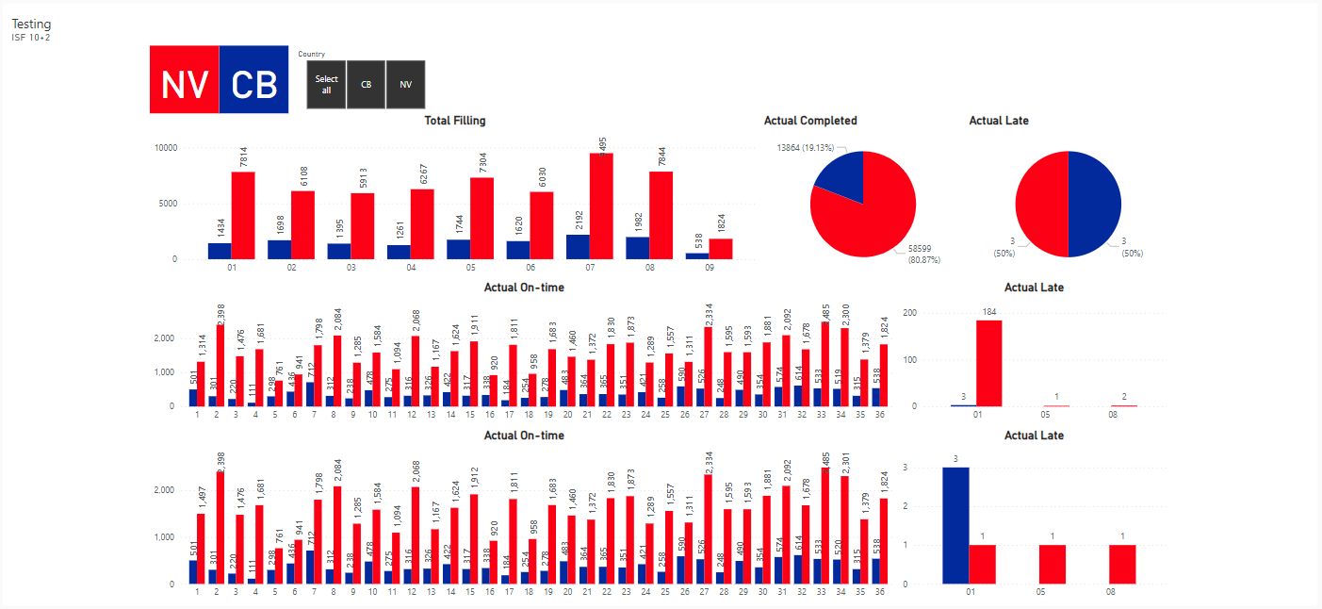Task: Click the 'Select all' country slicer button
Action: point(327,84)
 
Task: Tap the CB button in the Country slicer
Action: point(366,84)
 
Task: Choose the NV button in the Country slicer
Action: point(405,84)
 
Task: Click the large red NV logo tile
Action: point(185,80)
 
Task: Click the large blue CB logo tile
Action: point(254,80)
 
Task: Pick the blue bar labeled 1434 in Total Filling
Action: point(220,251)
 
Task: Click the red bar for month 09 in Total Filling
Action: point(721,249)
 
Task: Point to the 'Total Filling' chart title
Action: point(455,121)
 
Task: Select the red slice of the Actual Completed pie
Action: point(872,217)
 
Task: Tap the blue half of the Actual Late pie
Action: point(1095,204)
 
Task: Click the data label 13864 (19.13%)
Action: point(807,148)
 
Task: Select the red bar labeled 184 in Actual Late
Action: point(988,363)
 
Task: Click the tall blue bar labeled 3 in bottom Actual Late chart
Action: point(955,524)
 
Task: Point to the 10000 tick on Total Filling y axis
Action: point(165,148)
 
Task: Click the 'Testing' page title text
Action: point(31,25)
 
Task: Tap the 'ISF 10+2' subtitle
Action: point(31,38)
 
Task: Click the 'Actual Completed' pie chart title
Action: point(810,121)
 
